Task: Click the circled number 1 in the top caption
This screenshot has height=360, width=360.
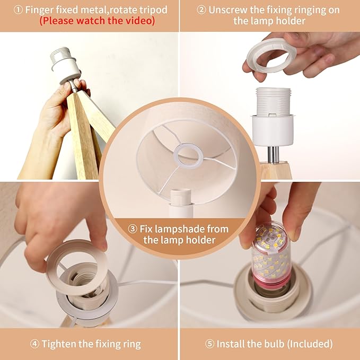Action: coord(18,10)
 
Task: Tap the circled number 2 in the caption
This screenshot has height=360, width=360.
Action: coord(201,10)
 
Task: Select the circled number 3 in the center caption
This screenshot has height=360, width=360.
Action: coord(133,229)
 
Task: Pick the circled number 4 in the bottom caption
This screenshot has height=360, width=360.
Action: coord(34,344)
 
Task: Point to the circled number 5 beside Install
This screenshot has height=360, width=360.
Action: coord(209,344)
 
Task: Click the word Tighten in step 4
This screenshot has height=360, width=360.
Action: coord(58,344)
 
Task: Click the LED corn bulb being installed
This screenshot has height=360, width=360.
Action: coord(271,254)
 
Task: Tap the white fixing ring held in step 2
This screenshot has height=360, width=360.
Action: coord(271,55)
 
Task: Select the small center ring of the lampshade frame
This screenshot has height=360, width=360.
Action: coord(188,156)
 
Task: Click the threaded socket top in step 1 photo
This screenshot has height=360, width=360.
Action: coord(60,55)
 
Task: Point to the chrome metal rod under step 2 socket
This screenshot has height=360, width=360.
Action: coord(274,154)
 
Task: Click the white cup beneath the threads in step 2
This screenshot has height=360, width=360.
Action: coord(273,130)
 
